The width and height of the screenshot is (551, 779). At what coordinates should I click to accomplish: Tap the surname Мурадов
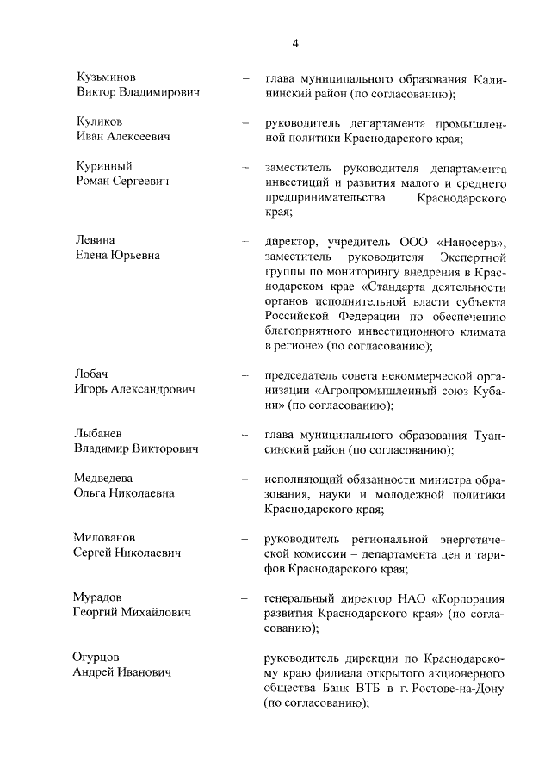click(x=102, y=597)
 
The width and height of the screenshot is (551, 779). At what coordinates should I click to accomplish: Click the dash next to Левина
click(x=245, y=241)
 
